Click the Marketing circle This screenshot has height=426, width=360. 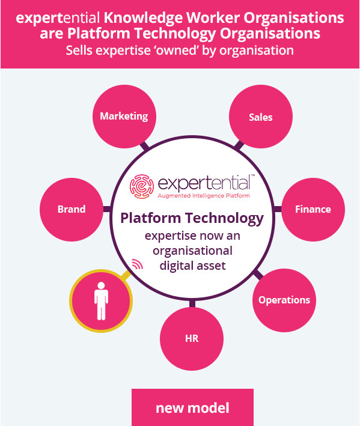(x=124, y=117)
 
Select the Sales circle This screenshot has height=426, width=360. (x=261, y=117)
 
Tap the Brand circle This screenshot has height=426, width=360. (x=72, y=210)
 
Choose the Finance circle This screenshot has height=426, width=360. (x=313, y=210)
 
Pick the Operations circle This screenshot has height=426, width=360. (x=284, y=300)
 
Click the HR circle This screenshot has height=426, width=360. (x=192, y=339)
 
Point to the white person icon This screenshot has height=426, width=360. (x=101, y=301)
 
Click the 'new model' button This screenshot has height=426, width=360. (x=192, y=407)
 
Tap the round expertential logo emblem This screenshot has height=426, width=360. (x=142, y=186)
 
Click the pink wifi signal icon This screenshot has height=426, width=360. (x=138, y=264)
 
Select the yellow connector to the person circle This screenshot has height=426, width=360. (x=126, y=275)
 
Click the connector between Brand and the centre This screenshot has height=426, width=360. (x=108, y=209)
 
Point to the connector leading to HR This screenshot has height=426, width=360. (x=192, y=303)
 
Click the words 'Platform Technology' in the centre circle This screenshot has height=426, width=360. (x=192, y=218)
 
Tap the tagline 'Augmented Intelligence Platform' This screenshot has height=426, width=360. (x=204, y=196)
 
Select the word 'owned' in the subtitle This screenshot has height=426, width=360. (x=177, y=50)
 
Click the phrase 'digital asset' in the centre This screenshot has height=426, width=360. (x=193, y=266)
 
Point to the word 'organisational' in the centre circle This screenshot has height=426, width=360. (x=193, y=251)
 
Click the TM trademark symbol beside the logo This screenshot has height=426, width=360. (x=252, y=175)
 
